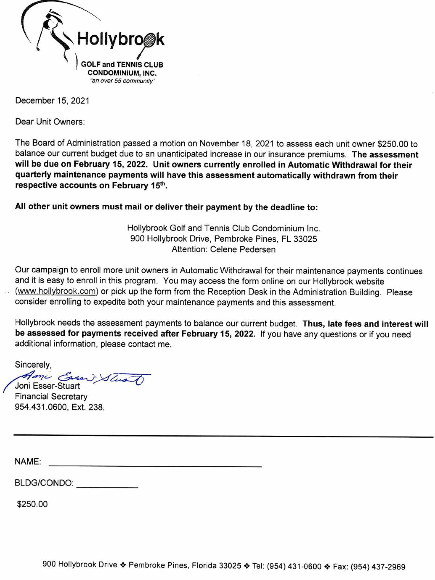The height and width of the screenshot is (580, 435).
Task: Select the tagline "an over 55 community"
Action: point(122,81)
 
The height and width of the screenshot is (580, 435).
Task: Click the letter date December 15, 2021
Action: point(52,101)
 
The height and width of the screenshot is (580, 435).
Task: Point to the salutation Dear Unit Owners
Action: point(50,122)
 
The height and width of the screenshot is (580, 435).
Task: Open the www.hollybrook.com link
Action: point(57,292)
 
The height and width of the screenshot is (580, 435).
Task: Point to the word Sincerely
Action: point(33,364)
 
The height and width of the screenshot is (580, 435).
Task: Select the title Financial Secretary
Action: point(51,396)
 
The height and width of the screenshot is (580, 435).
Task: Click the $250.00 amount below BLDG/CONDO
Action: point(32,504)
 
